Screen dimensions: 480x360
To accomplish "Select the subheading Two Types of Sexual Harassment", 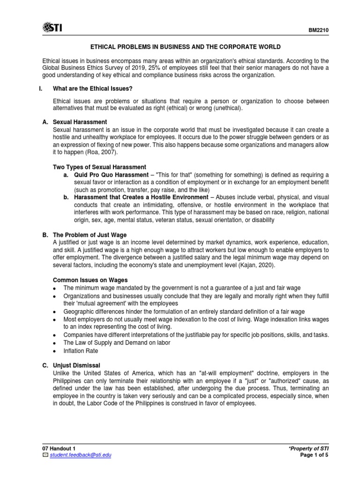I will coord(100,167).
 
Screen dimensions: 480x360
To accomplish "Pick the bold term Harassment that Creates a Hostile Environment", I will coord(141,197).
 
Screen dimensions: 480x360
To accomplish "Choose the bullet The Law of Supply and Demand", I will coord(117,342).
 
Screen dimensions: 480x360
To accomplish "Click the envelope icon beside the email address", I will coord(45,455).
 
